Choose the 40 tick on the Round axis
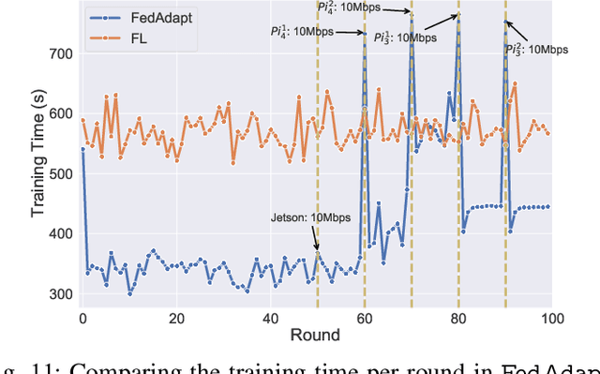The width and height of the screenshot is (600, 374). coord(270,319)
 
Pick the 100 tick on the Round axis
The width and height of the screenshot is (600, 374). coord(551,319)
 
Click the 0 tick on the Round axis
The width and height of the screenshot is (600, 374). coord(82,319)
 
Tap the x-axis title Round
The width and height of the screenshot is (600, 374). coord(316,336)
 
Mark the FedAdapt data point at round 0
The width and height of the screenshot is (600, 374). coord(82,149)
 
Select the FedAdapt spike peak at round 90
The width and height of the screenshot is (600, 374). coord(505,22)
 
